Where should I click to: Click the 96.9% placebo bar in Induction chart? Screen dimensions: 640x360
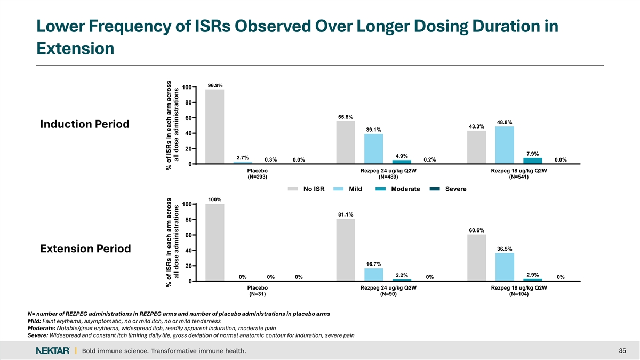214,126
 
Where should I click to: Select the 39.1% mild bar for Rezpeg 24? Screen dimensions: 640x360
373,149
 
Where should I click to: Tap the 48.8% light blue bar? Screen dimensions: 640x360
505,145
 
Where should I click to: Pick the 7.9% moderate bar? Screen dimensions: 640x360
533,161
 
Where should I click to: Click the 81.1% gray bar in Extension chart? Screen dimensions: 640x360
346,250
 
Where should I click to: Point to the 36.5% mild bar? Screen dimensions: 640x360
505,267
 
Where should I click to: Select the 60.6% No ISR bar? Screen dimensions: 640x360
477,258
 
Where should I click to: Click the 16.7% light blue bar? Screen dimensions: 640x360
373,274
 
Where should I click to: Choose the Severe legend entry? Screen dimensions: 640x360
448,189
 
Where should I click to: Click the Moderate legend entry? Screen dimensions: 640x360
397,189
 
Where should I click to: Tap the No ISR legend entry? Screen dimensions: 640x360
306,189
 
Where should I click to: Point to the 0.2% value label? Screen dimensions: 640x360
430,159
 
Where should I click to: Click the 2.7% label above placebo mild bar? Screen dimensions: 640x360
243,158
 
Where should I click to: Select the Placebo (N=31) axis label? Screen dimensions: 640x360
258,291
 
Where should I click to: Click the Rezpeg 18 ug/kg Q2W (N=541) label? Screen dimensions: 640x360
519,174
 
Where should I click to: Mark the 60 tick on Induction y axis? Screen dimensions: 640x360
189,118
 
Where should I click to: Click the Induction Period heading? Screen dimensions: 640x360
85,124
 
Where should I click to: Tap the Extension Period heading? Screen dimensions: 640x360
85,249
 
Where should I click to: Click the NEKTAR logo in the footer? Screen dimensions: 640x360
53,350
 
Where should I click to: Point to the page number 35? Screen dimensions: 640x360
622,350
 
